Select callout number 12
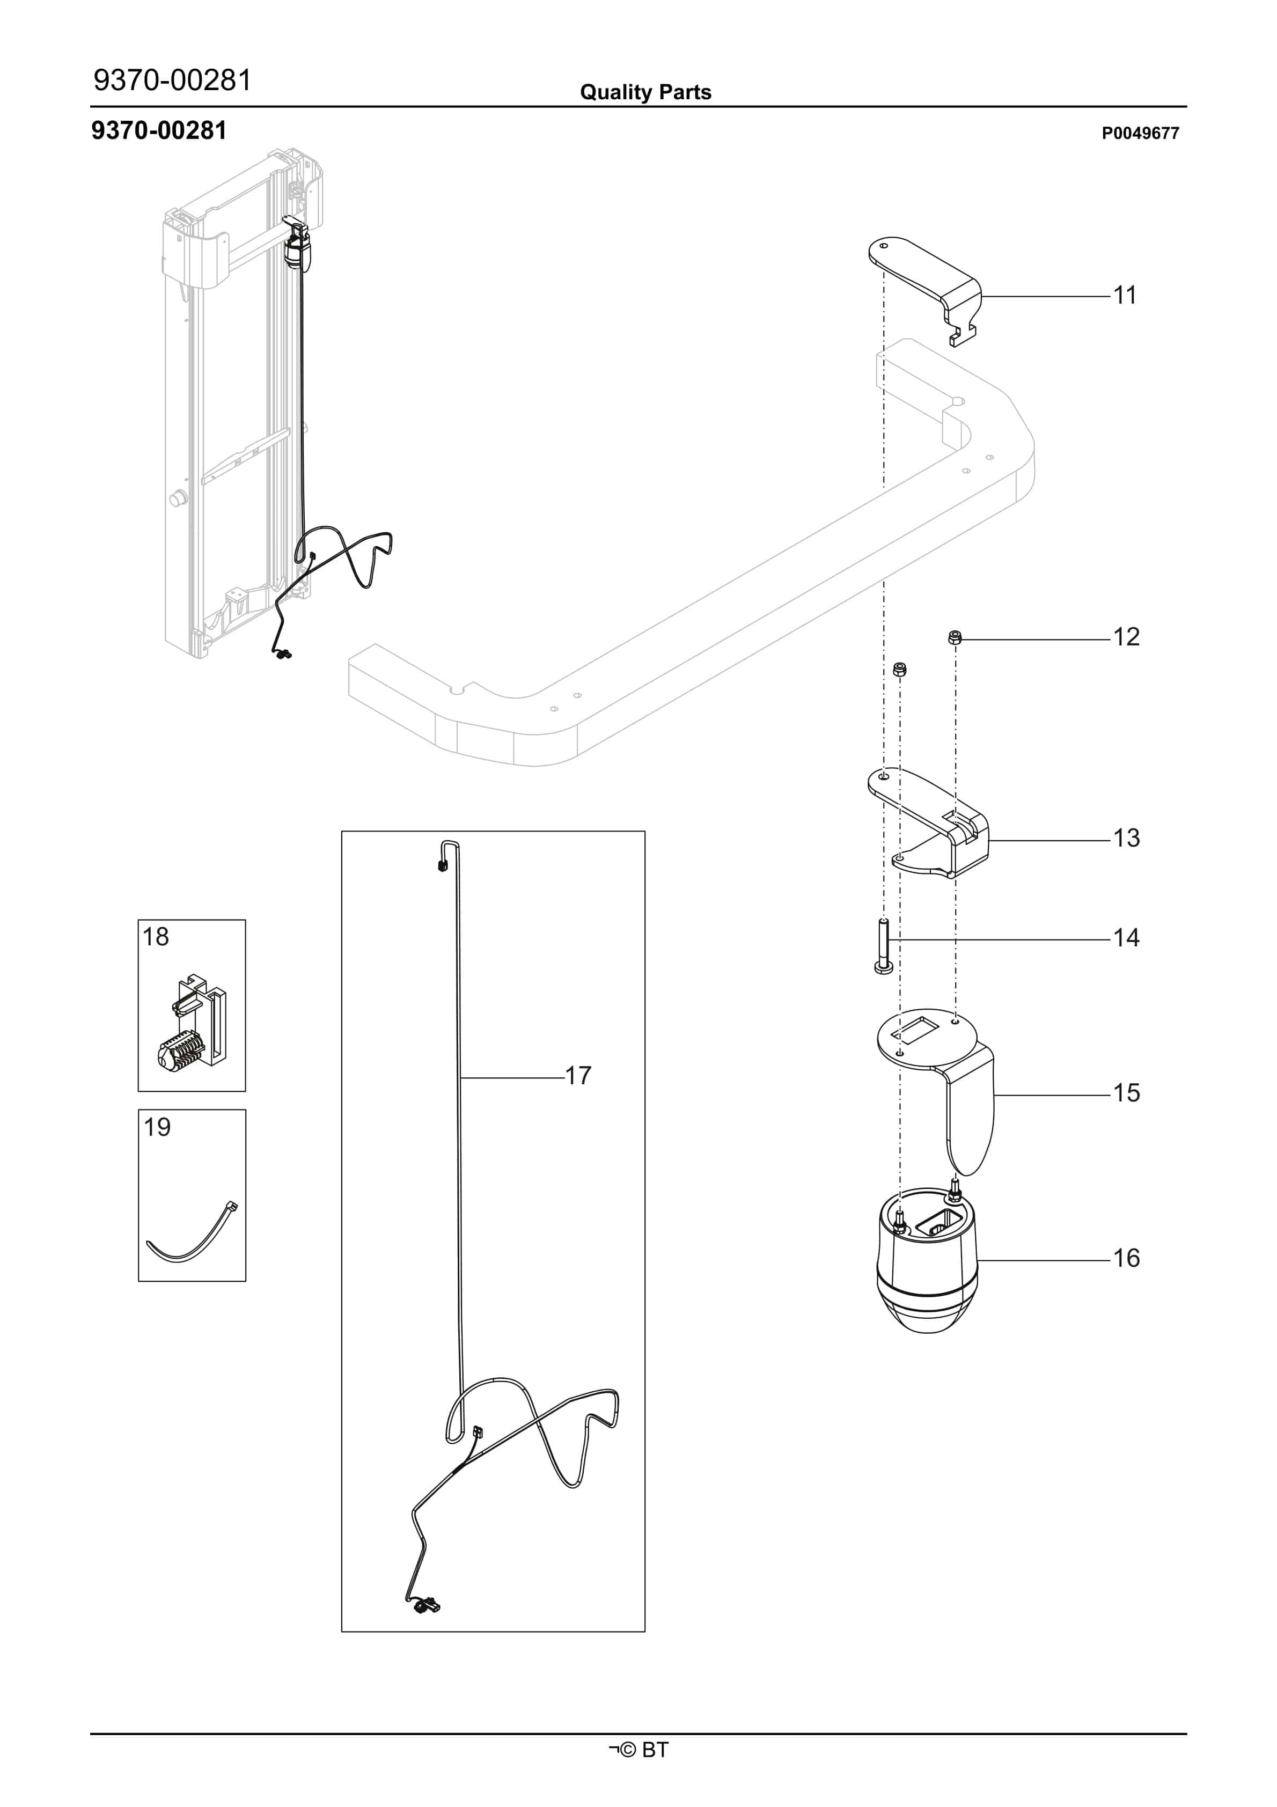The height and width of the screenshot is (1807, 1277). [1127, 637]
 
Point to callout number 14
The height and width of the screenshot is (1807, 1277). [1127, 938]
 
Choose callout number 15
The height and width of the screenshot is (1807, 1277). [1127, 1093]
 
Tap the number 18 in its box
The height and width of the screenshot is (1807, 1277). [156, 937]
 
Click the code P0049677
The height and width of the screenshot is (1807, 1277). [1140, 133]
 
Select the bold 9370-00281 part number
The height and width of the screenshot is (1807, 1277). [159, 131]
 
